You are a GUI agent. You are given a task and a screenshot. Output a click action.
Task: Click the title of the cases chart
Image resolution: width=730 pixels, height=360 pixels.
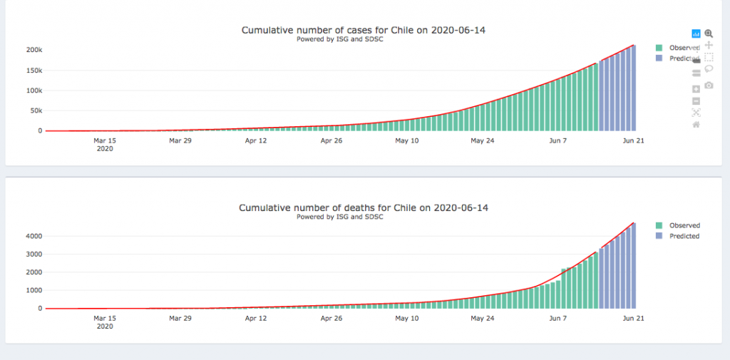[368, 30]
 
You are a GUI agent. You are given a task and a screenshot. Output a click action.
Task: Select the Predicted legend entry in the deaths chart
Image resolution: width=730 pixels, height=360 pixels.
[684, 236]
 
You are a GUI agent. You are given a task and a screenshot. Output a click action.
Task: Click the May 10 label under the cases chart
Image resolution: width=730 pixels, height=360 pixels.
[406, 141]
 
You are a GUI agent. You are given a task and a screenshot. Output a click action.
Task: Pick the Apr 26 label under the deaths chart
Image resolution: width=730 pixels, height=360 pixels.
[331, 319]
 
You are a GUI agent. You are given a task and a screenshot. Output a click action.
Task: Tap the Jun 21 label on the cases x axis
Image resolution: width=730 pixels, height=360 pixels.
[634, 141]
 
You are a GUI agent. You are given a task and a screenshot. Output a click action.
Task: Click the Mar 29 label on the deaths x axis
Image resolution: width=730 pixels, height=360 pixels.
[180, 319]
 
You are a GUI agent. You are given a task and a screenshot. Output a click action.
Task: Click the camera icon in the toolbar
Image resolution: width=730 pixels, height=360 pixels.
[709, 86]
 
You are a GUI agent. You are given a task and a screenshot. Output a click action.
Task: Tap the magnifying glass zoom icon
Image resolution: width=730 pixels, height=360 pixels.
[709, 34]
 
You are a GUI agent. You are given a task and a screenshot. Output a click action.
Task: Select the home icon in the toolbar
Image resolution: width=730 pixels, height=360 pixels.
[696, 125]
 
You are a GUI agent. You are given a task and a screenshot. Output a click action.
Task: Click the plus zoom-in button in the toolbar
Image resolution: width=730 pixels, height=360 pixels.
[696, 88]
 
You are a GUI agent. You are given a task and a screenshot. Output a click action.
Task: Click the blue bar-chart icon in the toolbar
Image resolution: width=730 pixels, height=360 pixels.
[696, 34]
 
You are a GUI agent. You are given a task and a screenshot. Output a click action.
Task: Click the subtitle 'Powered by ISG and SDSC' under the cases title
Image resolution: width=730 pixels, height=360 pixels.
[339, 39]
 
